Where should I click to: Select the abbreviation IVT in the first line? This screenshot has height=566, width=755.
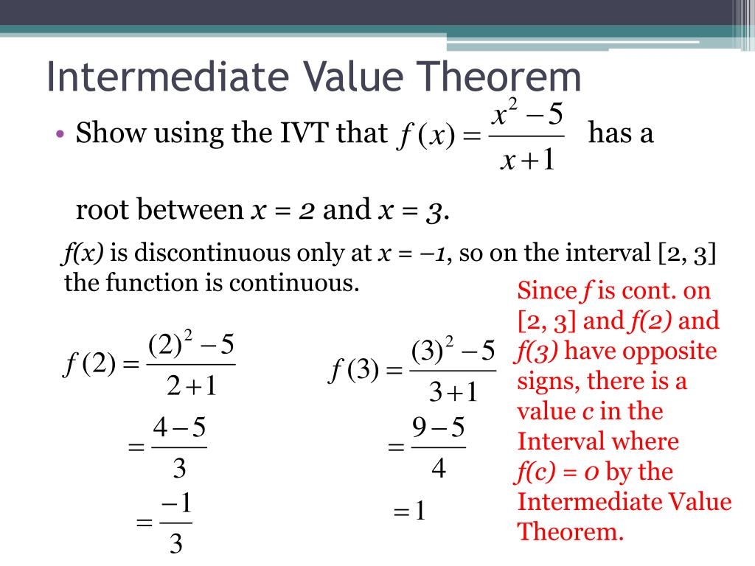tap(302, 133)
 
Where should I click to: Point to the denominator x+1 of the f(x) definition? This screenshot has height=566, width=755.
tap(526, 160)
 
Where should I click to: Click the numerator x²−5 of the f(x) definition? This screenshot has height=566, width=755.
tap(526, 114)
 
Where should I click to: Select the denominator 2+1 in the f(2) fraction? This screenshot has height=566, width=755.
tap(191, 386)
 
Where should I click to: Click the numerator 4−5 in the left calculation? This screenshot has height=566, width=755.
tap(178, 427)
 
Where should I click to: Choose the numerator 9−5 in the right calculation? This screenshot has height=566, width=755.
tap(438, 427)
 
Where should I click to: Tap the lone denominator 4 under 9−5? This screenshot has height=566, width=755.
tap(439, 467)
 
